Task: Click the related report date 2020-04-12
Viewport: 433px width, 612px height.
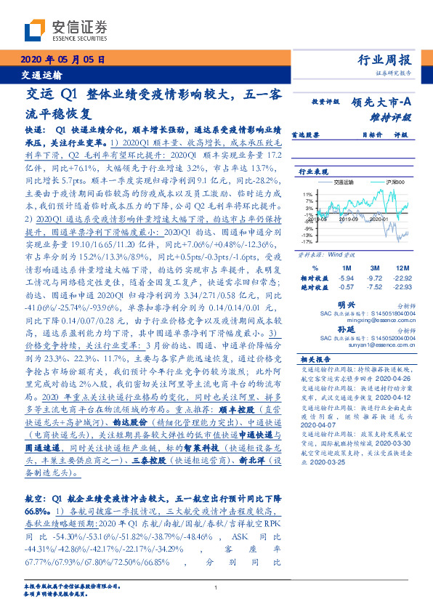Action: (397, 399)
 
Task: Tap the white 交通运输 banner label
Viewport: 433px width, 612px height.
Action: (41, 75)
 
